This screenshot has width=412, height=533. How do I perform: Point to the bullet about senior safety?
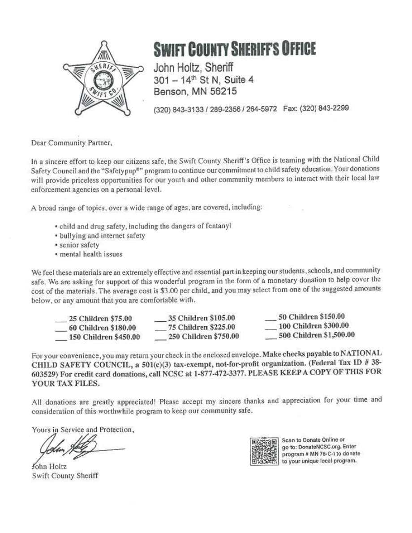[79, 245]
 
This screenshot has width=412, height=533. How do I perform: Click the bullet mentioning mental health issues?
[91, 254]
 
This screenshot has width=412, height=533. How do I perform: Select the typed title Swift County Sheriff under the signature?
[65, 475]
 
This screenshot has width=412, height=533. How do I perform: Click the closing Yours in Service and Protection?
[83, 430]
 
